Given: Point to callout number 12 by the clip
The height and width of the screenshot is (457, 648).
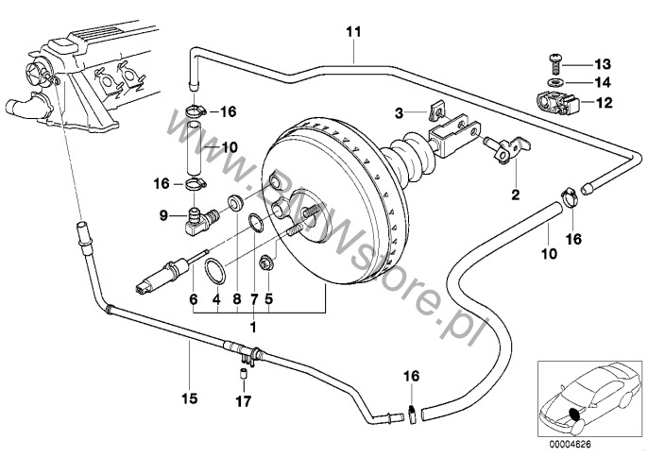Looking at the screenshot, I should (601, 100).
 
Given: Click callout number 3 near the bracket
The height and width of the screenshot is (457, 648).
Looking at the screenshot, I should (400, 112).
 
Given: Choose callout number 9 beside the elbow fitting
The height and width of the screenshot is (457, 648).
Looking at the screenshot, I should (162, 215).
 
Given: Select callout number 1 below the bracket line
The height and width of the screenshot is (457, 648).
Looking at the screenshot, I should (252, 326).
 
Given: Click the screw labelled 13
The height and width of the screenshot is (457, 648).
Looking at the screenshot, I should (554, 63).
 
